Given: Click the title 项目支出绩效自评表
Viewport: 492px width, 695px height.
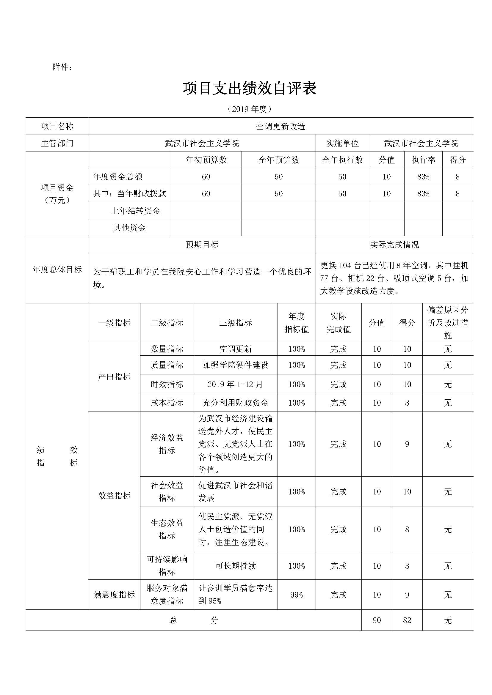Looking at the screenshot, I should [x=250, y=88].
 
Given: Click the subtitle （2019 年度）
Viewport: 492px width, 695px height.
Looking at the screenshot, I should [x=250, y=109].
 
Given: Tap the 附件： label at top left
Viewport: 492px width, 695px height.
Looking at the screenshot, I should [x=62, y=67].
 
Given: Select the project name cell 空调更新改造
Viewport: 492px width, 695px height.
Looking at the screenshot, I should [x=280, y=126].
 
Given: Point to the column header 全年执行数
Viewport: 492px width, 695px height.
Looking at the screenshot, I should [x=342, y=160].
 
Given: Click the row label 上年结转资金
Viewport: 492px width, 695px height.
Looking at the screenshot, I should [x=136, y=211].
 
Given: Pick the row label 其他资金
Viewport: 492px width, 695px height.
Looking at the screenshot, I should [x=129, y=228].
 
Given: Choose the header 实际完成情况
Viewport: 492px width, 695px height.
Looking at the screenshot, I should [x=394, y=245].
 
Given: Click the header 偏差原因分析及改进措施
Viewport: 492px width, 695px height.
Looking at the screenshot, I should [x=447, y=323].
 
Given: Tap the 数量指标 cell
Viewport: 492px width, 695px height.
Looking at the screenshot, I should [x=167, y=349].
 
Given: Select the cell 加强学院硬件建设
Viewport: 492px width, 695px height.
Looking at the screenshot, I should [x=235, y=365].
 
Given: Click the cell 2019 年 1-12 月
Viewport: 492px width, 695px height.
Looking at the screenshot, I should [x=235, y=384].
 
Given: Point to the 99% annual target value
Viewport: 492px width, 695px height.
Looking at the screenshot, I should [x=296, y=595].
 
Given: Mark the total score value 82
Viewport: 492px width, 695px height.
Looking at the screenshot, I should [x=407, y=620].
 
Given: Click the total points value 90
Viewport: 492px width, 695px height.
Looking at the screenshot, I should [x=377, y=620].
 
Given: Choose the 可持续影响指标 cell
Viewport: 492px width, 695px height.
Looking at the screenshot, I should [x=167, y=565].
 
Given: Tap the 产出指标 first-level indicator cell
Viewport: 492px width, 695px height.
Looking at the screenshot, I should [x=114, y=377].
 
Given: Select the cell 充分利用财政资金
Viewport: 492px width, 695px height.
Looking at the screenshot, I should [x=235, y=403].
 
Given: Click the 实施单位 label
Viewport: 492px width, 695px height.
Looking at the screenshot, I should [x=342, y=143].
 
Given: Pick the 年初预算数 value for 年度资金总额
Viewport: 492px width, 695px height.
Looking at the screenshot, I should [x=206, y=177].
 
